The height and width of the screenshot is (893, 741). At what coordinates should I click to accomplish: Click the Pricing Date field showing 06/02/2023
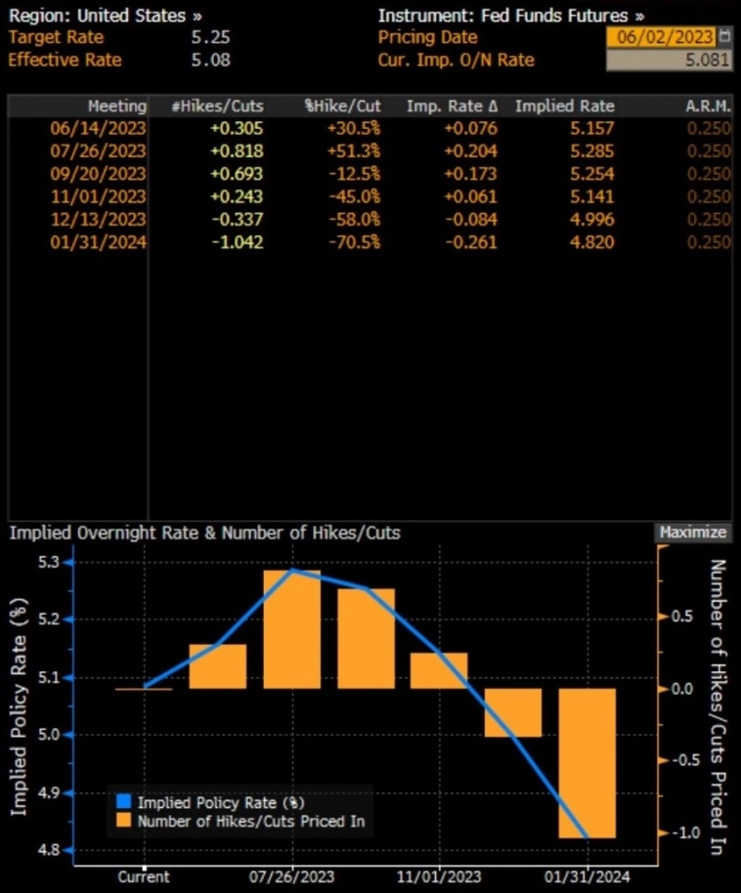[x=661, y=37]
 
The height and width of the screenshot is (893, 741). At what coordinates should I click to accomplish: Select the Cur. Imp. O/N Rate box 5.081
[x=669, y=60]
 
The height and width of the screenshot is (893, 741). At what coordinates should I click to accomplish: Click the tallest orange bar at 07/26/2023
[x=292, y=629]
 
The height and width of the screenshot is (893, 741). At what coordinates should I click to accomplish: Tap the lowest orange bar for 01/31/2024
[x=588, y=762]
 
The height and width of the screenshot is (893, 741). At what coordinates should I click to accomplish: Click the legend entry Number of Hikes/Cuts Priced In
[x=250, y=822]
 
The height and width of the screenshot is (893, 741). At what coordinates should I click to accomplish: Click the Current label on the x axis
[x=144, y=876]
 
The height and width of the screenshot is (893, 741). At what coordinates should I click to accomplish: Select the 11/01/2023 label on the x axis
[x=440, y=876]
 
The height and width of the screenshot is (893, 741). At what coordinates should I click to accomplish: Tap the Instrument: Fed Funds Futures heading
[x=510, y=16]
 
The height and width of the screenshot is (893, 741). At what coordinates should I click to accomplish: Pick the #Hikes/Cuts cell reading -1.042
[x=236, y=240]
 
